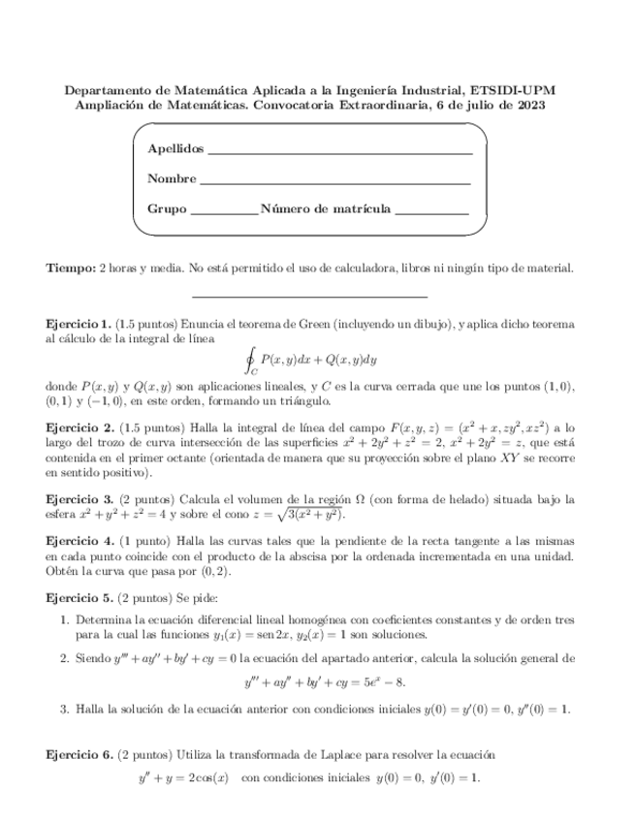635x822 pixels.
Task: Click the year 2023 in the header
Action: tap(529, 106)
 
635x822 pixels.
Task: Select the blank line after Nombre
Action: tap(334, 181)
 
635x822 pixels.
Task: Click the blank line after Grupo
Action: tap(224, 211)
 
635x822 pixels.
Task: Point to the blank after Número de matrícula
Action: tap(431, 211)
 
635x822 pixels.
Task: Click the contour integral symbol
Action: tap(252, 360)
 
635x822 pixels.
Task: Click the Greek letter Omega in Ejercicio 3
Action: tap(399, 498)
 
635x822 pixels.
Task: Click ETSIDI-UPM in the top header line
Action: tap(510, 90)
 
